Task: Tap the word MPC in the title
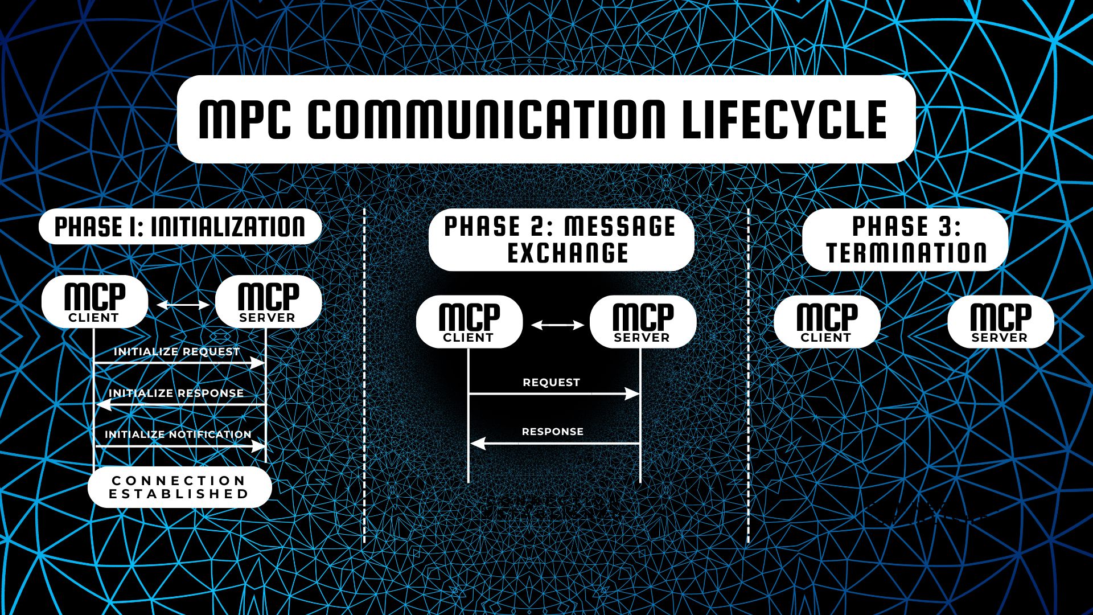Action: [x=245, y=120]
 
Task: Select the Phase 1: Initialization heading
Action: [x=180, y=227]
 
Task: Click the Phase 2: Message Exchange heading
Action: [x=561, y=240]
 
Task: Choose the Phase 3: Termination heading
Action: [x=905, y=240]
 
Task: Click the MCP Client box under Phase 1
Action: [x=94, y=302]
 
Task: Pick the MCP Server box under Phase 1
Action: [x=268, y=302]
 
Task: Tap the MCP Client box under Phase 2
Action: [x=469, y=322]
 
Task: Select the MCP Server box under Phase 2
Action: [x=643, y=322]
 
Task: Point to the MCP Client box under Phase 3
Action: [x=827, y=322]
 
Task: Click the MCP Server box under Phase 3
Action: [x=1000, y=322]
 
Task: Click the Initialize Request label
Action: [x=176, y=351]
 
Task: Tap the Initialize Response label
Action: [x=176, y=393]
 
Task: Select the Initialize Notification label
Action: [x=178, y=434]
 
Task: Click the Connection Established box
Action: [x=179, y=487]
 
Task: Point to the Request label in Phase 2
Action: [x=551, y=382]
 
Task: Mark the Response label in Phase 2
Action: [x=552, y=432]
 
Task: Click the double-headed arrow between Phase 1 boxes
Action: [x=183, y=305]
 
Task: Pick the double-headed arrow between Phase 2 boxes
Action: [x=557, y=325]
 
